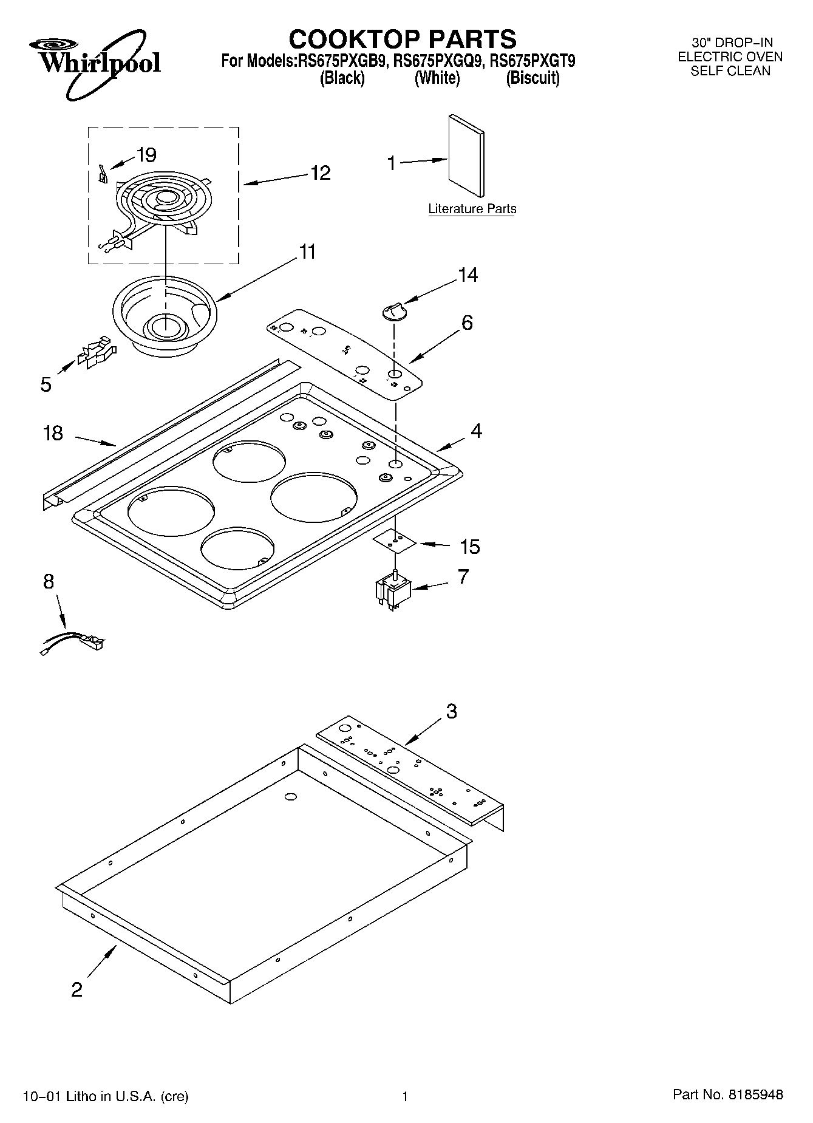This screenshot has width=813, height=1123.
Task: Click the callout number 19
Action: (146, 155)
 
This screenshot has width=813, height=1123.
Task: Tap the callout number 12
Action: (320, 173)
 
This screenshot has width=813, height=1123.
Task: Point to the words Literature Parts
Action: (472, 209)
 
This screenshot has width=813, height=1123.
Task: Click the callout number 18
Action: (53, 433)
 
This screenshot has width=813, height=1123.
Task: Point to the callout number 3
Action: (451, 711)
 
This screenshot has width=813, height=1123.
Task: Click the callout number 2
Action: (77, 990)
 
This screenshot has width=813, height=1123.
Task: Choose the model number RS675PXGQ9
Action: (437, 61)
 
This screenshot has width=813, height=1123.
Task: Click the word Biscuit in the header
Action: (532, 78)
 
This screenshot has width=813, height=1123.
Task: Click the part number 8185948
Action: (755, 1095)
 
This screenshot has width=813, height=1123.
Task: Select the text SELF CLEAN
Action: (730, 71)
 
